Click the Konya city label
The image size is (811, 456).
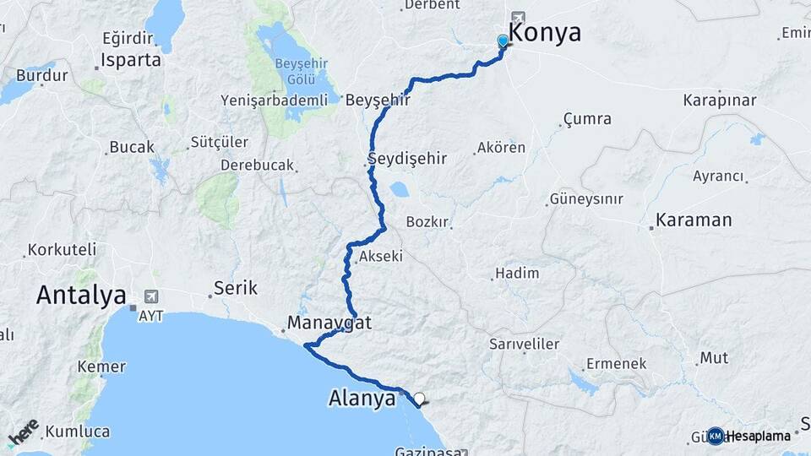(545, 33)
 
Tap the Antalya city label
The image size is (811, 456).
(81, 296)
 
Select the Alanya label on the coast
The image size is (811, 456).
(362, 399)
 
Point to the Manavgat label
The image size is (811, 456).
(329, 323)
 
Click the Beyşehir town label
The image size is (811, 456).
(378, 100)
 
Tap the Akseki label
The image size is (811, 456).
(381, 256)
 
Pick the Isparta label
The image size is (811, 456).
(130, 61)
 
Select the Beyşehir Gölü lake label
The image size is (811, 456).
(295, 71)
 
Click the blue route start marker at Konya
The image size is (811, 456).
(503, 41)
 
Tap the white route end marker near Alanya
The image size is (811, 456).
(419, 398)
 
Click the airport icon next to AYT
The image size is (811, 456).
(152, 296)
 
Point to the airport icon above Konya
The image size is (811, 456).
(517, 17)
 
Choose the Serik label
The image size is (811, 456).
(236, 288)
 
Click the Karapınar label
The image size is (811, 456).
(720, 100)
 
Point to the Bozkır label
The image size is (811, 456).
(426, 222)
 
